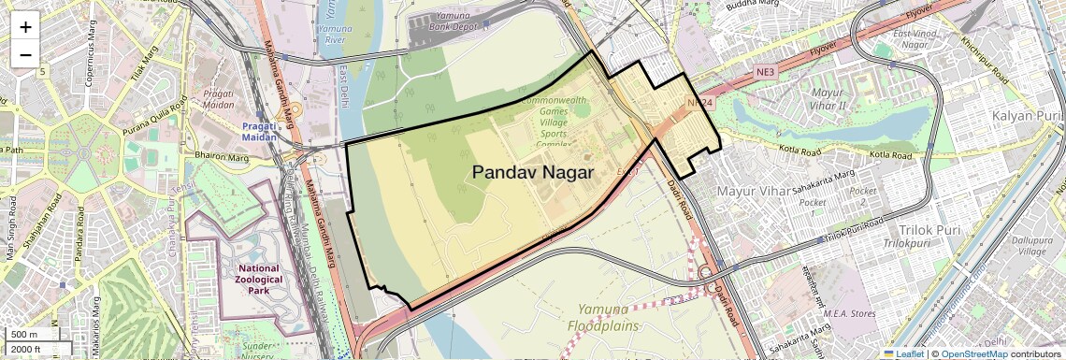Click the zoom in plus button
tap(25, 27)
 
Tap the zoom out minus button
tap(25, 54)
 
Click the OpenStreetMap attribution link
tap(973, 353)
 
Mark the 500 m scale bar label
tap(25, 335)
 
